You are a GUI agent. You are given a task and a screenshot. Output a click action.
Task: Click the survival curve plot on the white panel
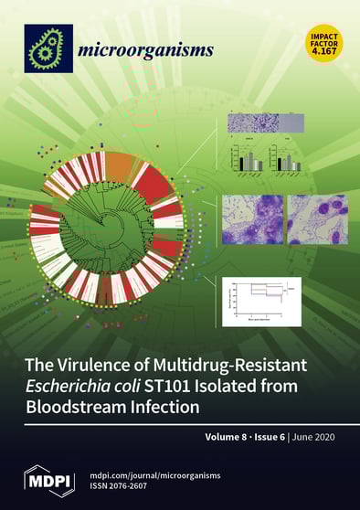(x=261, y=302)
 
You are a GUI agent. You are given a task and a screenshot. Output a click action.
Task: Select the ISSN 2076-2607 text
(x=135, y=484)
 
